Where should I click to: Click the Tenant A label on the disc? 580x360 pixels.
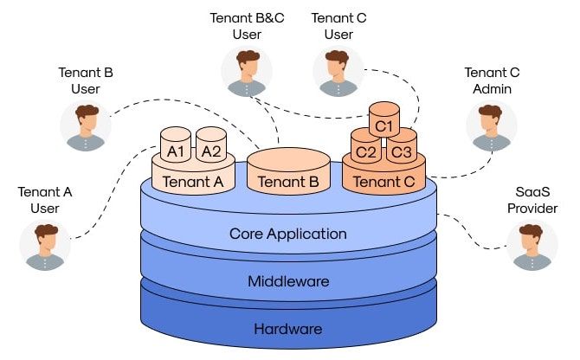[193, 181]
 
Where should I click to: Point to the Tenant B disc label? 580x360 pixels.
[288, 182]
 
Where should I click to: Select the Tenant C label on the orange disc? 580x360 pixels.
[383, 182]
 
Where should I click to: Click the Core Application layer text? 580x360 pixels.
[288, 234]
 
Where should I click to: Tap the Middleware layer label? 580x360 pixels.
[288, 281]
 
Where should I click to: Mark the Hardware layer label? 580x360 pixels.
[288, 329]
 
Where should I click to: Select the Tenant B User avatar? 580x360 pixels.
[86, 127]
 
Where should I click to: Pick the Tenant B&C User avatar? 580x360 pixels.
[247, 73]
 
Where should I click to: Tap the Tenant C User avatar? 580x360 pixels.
[338, 73]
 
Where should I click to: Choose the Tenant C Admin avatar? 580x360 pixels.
[492, 127]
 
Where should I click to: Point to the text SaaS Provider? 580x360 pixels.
[532, 199]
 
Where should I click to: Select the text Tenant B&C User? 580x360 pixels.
[247, 26]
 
